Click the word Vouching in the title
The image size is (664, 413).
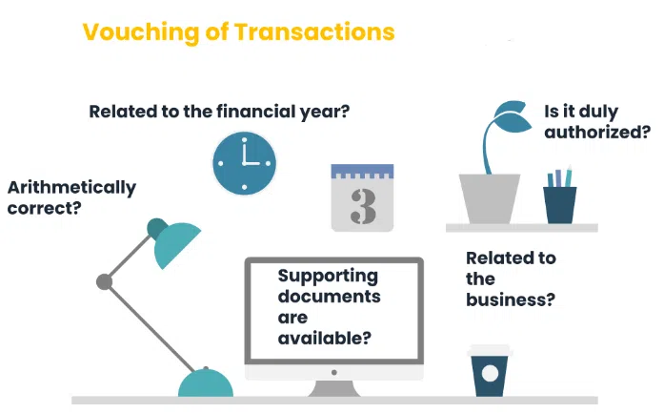[x=133, y=32]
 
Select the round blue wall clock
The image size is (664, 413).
[x=244, y=163]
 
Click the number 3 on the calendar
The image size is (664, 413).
[x=362, y=205]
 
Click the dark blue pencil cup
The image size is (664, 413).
[x=559, y=203]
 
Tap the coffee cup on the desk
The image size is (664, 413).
[x=490, y=371]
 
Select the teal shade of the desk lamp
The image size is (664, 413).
[x=175, y=244]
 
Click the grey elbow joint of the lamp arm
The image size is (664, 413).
[x=104, y=281]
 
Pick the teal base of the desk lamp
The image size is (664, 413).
[x=205, y=384]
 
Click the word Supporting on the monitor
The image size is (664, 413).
[x=328, y=276]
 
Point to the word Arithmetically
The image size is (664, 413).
[x=71, y=187]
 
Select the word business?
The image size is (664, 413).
[x=510, y=299]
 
